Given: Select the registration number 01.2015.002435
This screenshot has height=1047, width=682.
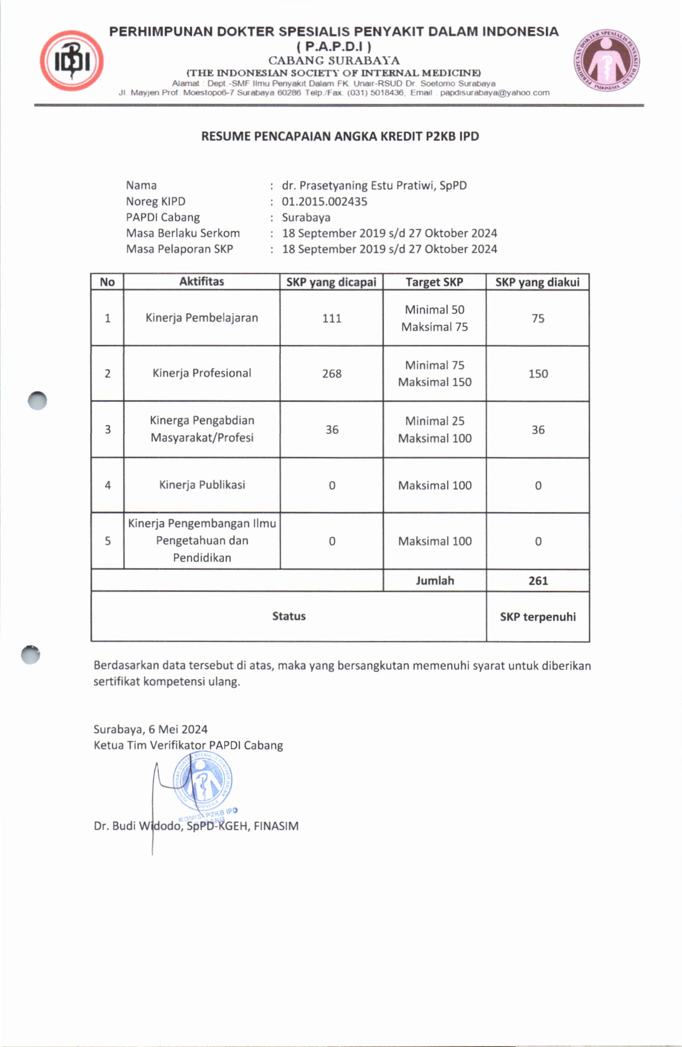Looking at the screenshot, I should tap(324, 202).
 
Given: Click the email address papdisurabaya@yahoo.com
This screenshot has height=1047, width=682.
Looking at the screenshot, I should tap(495, 93).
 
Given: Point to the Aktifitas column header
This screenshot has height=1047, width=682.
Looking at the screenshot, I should tap(201, 282).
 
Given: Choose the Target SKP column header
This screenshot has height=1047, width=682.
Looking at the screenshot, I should tap(434, 282).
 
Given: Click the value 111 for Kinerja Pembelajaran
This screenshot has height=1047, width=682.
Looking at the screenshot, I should tap(332, 318).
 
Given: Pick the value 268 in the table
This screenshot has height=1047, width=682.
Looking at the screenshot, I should tap(332, 373).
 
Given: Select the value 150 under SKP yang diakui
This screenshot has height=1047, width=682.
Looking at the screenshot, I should tap(538, 373).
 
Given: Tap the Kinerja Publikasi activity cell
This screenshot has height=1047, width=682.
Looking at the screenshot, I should tap(202, 485).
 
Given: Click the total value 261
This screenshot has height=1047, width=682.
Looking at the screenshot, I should tap(538, 580).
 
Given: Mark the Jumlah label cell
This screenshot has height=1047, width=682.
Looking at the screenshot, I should tap(435, 580).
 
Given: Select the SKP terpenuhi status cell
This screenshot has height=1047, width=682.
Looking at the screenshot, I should tap(538, 617).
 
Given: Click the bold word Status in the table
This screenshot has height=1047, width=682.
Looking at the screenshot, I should tap(289, 616).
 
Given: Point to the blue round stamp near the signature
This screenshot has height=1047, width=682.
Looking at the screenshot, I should tap(202, 782).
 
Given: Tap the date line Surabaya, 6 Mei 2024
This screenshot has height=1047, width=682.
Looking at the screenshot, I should tap(150, 729).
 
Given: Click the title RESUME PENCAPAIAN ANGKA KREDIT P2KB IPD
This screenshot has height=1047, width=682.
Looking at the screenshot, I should tap(340, 136).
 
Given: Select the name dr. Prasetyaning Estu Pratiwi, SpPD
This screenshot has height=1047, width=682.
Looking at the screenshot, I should tap(374, 186).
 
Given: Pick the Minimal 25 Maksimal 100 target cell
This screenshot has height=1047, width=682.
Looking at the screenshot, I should tap(435, 430).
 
